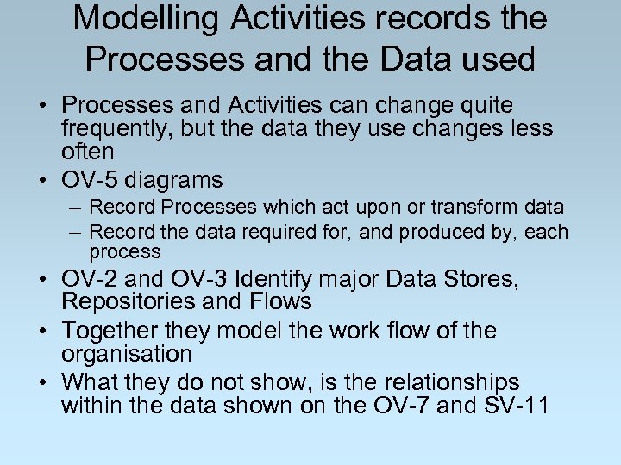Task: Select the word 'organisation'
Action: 126,354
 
